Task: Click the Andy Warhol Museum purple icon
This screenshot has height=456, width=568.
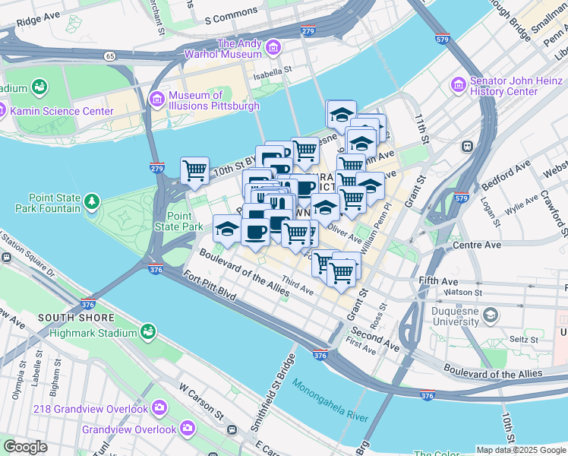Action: tap(274, 49)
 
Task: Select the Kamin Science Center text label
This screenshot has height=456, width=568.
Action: tap(62, 111)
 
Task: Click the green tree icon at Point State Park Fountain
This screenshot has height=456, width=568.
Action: tap(92, 201)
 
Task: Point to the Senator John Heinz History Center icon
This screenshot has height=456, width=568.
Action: tap(458, 84)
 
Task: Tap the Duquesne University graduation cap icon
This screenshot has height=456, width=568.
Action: tap(491, 314)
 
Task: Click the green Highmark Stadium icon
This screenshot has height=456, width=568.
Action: tap(147, 332)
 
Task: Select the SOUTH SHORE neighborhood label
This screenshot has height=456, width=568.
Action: tap(76, 318)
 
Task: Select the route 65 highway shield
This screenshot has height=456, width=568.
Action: tap(110, 55)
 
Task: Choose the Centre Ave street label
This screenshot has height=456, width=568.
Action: tap(476, 246)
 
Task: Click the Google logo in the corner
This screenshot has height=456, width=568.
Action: tap(25, 448)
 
